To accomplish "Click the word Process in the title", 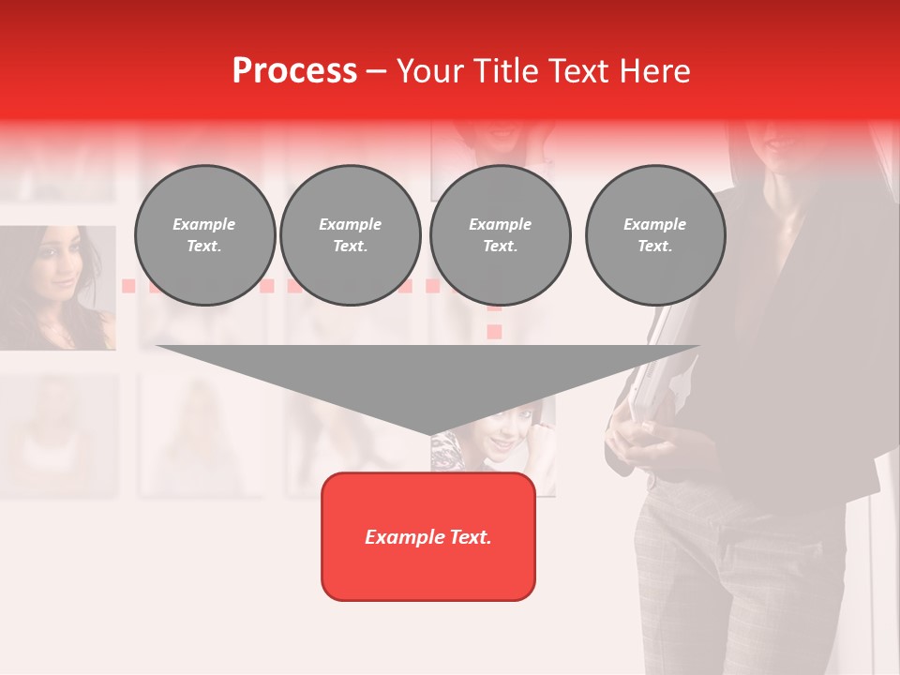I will (x=294, y=71).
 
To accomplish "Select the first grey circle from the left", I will (x=204, y=235).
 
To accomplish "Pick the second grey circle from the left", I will (x=350, y=235).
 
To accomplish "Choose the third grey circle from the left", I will (x=500, y=235).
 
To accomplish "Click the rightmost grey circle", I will (x=654, y=235).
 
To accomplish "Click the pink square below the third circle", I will (x=494, y=331).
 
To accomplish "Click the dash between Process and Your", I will (x=376, y=71).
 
